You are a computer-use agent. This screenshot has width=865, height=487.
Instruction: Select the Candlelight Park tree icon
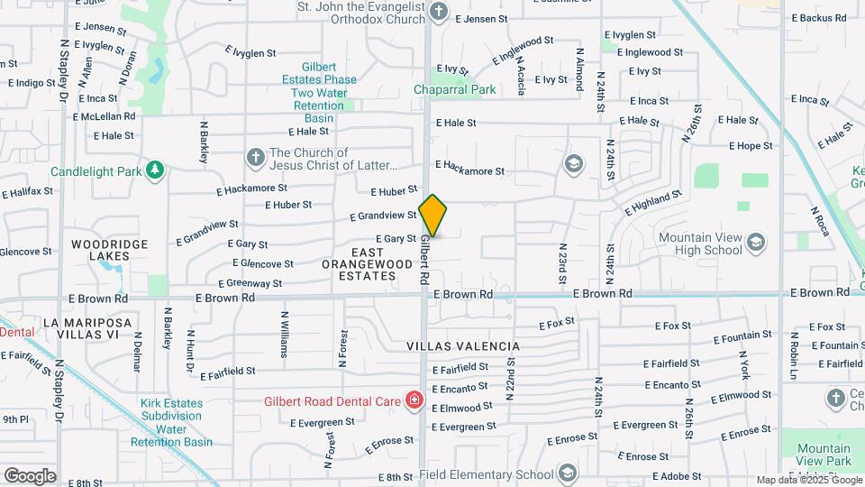[156, 170]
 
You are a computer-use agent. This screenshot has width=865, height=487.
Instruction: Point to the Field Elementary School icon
[567, 473]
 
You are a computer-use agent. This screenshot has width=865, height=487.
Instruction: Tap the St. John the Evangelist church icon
[439, 11]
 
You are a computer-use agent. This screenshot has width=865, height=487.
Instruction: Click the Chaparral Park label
[455, 89]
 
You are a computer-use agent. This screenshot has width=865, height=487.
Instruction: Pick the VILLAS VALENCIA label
[463, 346]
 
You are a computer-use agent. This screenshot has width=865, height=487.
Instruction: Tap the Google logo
[30, 475]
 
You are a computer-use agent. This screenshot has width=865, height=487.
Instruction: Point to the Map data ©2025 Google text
[807, 481]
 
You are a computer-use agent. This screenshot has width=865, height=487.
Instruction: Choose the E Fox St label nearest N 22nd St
[557, 324]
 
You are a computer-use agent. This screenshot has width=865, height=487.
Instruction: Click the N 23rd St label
[562, 259]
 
